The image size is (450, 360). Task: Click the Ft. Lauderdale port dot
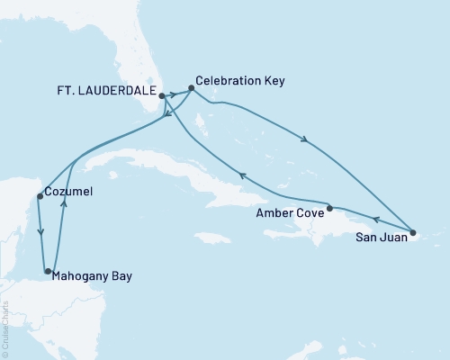pos(162,94)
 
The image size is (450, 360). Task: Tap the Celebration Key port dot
pos(191,88)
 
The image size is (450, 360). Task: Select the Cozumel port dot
pos(39,196)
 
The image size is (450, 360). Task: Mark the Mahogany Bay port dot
pos(48,270)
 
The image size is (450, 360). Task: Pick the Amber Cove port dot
pos(329,208)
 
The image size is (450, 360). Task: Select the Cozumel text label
pos(69,192)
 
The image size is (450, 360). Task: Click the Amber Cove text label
pos(287,212)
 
